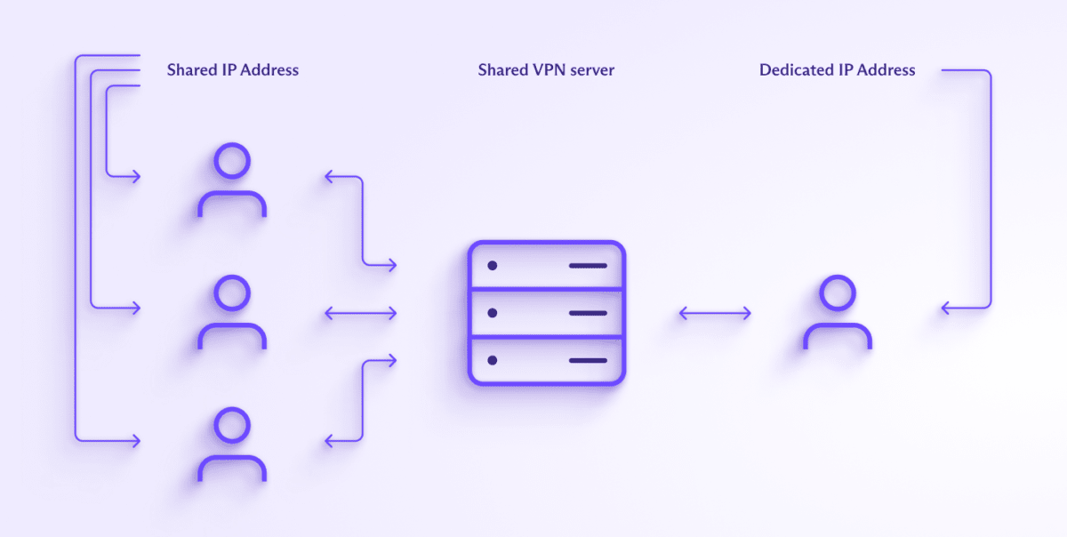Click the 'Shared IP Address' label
232,69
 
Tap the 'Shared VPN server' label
545,69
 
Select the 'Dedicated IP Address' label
837,69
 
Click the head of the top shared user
232,161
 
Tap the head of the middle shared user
232,293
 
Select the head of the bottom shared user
232,425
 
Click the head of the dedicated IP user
838,293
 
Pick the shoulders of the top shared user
232,204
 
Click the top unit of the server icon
547,265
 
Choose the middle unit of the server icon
547,313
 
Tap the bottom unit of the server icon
547,360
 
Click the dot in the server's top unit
492,266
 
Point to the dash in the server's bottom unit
588,360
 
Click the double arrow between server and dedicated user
715,313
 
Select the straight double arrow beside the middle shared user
360,313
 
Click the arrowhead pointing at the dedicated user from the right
945,309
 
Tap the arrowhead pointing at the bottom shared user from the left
136,439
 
